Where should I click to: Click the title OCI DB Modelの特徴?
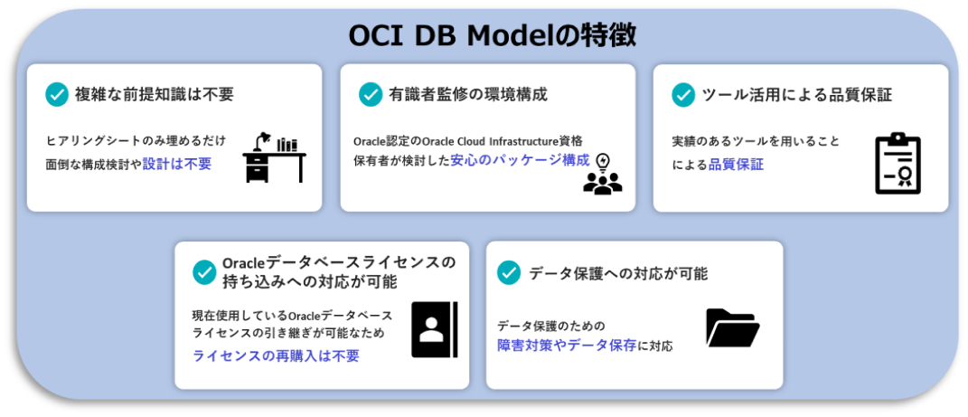[x=492, y=36]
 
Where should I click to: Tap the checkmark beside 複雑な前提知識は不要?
[x=57, y=94]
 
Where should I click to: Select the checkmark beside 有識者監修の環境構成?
[x=371, y=94]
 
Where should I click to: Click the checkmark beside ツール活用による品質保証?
[x=683, y=94]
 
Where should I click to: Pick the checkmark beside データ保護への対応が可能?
[x=510, y=273]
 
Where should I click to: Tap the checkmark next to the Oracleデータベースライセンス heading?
[x=204, y=272]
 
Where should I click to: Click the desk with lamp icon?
[x=274, y=156]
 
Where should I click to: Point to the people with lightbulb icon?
[x=603, y=174]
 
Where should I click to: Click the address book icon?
[x=435, y=330]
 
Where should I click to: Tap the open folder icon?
[x=733, y=327]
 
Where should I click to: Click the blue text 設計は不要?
[x=177, y=165]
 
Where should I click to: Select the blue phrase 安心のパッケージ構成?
[x=520, y=160]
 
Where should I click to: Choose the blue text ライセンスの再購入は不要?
[x=276, y=355]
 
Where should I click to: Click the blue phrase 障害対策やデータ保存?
[x=568, y=346]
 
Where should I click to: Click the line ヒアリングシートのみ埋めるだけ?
[x=136, y=141]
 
